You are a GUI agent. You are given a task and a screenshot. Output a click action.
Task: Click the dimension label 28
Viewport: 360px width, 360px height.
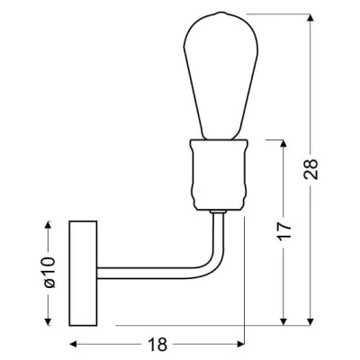[310, 169]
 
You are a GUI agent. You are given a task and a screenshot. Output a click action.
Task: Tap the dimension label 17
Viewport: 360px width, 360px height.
[284, 231]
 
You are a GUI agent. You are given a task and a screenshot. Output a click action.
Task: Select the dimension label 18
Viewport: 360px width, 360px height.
[157, 345]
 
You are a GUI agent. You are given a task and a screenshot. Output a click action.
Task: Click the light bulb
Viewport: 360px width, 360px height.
[220, 76]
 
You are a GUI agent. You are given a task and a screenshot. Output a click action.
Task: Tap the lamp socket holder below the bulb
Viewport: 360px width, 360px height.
[219, 175]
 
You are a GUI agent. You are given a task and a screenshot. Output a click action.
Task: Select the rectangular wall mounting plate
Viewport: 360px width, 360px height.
[83, 274]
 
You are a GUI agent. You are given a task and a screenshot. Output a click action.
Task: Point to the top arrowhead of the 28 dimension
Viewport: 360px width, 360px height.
[311, 18]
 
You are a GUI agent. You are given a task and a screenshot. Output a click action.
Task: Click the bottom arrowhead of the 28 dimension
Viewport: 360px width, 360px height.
[311, 321]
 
